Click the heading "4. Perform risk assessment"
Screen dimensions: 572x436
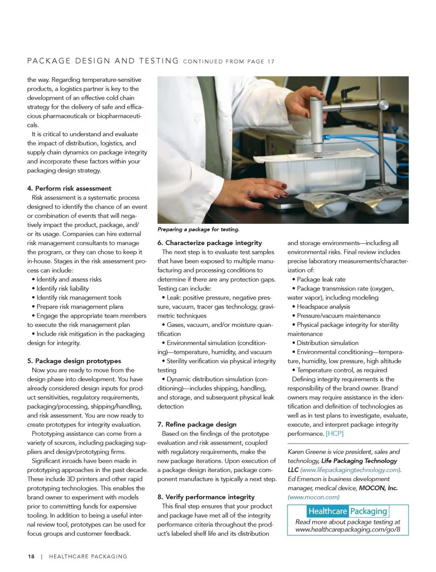(x=69, y=188)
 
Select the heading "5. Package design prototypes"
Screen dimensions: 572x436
(x=74, y=361)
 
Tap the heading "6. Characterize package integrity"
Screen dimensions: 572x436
(x=210, y=243)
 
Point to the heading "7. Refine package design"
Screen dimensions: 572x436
(x=197, y=424)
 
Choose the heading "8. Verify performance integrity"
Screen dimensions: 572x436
(x=206, y=497)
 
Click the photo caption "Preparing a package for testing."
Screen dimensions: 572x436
(x=198, y=230)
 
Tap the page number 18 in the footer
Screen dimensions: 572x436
(x=31, y=557)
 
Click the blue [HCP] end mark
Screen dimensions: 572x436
(x=335, y=434)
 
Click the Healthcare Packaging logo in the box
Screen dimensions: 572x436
(x=347, y=512)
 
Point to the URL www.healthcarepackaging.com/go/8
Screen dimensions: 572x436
(x=348, y=529)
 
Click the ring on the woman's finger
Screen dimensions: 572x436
(x=249, y=192)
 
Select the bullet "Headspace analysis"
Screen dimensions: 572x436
(x=323, y=306)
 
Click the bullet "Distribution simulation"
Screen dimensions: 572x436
(x=327, y=343)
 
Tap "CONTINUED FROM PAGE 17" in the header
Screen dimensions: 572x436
(x=229, y=62)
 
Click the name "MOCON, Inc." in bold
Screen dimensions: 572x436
(x=378, y=488)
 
